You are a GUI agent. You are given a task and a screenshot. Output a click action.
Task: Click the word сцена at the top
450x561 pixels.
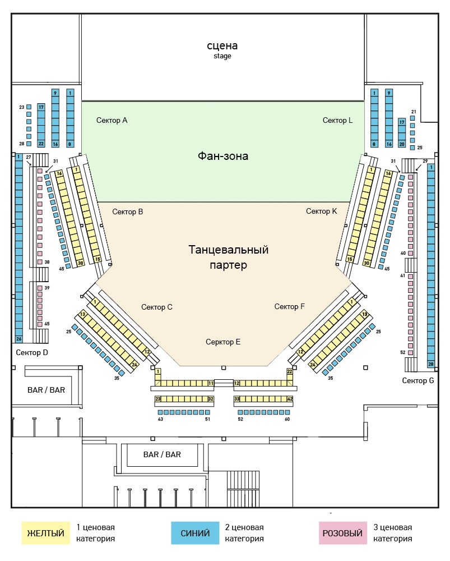(x=222, y=45)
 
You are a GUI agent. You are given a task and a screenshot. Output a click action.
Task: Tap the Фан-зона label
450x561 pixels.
(x=223, y=156)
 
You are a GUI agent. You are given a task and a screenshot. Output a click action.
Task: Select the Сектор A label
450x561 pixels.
(x=112, y=120)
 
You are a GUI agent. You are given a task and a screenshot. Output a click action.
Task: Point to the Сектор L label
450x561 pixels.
(x=338, y=120)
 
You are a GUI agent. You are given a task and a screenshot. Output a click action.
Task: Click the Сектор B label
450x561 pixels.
(x=128, y=211)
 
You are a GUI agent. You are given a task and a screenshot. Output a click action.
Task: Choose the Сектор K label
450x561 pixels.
(x=322, y=211)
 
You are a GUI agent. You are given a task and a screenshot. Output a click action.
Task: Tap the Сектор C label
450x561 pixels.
(x=157, y=307)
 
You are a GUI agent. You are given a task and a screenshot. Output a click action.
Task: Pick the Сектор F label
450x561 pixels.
(x=290, y=306)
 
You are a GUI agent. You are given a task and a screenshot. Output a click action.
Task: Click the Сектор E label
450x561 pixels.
(x=223, y=342)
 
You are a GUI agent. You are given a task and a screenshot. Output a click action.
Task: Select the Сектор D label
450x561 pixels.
(x=33, y=352)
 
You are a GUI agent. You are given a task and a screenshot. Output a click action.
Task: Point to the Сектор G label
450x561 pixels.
(x=418, y=380)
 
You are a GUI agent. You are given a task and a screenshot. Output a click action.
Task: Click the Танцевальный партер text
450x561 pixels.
(x=228, y=257)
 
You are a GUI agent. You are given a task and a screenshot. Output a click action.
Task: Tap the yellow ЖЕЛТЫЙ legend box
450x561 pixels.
(x=45, y=533)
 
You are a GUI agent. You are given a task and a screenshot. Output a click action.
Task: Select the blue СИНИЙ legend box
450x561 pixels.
(x=195, y=533)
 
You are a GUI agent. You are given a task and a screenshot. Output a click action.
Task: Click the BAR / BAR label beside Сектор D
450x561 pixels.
(x=46, y=389)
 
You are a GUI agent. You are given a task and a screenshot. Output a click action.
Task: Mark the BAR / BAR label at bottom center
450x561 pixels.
(x=162, y=454)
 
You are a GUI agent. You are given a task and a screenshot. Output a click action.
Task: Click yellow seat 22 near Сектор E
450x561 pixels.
(x=290, y=371)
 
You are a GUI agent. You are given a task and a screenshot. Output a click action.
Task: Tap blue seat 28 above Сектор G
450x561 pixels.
(x=431, y=364)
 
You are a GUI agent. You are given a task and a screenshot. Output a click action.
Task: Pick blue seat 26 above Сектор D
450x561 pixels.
(x=18, y=339)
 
